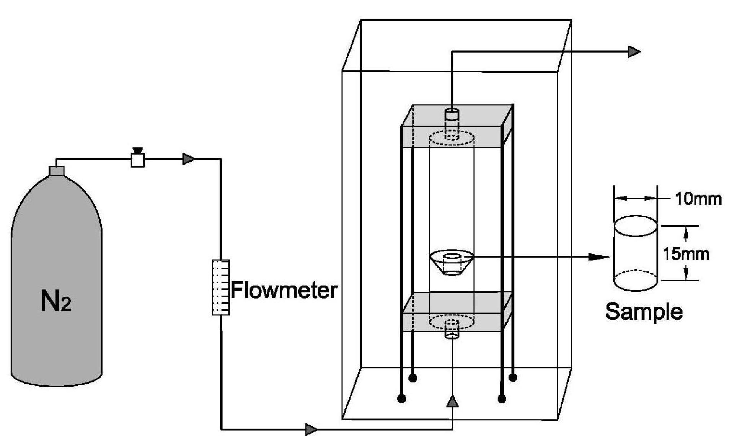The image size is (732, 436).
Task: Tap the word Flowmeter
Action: click(284, 290)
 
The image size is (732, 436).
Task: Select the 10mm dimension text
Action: click(698, 199)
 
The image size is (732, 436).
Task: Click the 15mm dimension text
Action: click(686, 254)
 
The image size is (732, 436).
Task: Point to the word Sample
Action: click(644, 312)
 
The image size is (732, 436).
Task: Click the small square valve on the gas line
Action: click(138, 160)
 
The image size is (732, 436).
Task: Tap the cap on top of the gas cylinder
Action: click(57, 171)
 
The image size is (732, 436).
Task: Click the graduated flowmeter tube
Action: click(221, 287)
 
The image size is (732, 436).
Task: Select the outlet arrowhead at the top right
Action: click(634, 51)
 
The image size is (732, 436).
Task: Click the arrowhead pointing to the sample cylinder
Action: click(598, 257)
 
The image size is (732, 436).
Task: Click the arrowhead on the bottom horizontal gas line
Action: click(311, 429)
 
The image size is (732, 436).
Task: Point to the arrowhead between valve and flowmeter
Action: click(188, 159)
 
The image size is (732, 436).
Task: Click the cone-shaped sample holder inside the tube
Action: click(452, 263)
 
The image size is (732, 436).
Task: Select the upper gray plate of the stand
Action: click(457, 126)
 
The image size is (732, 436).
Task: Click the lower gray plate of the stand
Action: click(457, 312)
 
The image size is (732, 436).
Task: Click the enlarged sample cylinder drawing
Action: click(635, 253)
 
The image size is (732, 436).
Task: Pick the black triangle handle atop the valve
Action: click(137, 150)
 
